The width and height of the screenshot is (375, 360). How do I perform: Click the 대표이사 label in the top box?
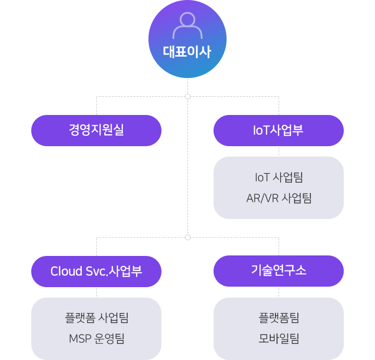pyautogui.click(x=187, y=52)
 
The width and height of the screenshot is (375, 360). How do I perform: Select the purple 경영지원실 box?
pyautogui.click(x=96, y=130)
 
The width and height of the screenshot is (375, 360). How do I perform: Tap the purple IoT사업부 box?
pyautogui.click(x=278, y=130)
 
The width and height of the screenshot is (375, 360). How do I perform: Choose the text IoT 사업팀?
pyautogui.click(x=279, y=177)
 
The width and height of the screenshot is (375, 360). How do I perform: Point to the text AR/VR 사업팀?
pyautogui.click(x=279, y=198)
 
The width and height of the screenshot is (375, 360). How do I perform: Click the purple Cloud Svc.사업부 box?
pyautogui.click(x=96, y=271)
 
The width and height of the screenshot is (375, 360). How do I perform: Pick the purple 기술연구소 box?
pyautogui.click(x=278, y=271)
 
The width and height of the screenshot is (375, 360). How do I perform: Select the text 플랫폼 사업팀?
pyautogui.click(x=96, y=318)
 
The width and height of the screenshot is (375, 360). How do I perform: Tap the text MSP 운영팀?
pyautogui.click(x=96, y=339)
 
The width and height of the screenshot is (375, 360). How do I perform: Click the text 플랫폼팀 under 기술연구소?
pyautogui.click(x=279, y=318)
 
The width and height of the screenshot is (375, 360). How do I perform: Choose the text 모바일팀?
pyautogui.click(x=279, y=339)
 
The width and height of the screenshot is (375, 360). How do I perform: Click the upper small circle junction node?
pyautogui.click(x=187, y=96)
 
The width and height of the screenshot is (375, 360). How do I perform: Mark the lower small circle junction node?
pyautogui.click(x=187, y=237)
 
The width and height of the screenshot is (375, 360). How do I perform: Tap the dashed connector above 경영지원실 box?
pyautogui.click(x=96, y=106)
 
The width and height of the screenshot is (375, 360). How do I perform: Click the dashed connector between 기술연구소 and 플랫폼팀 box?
pyautogui.click(x=279, y=292)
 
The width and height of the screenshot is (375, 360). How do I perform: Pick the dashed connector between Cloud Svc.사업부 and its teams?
pyautogui.click(x=96, y=292)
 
